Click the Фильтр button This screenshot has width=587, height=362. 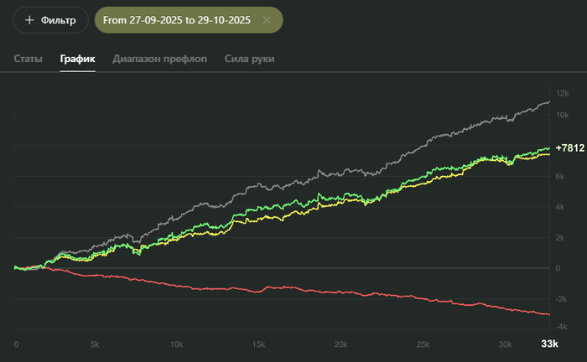click(x=50, y=19)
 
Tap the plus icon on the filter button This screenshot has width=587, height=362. click(x=29, y=19)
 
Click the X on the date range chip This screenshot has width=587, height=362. click(x=267, y=19)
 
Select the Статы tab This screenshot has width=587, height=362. click(x=29, y=59)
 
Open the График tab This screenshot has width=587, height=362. click(x=77, y=59)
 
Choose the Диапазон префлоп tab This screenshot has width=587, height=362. click(x=159, y=59)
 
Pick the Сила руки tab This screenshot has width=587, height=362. click(x=249, y=59)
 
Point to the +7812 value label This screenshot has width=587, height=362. click(x=569, y=147)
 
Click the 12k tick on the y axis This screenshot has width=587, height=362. click(x=563, y=93)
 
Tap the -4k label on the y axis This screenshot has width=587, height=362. click(x=563, y=326)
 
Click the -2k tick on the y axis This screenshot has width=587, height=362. click(x=563, y=298)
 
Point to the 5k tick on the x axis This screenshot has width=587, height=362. click(x=95, y=344)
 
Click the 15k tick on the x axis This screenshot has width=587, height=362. click(x=258, y=344)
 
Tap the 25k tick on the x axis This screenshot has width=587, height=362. click(x=422, y=344)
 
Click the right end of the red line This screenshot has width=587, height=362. click(x=549, y=314)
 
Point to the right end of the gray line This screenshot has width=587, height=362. click(x=549, y=101)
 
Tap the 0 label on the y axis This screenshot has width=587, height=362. click(x=559, y=268)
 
